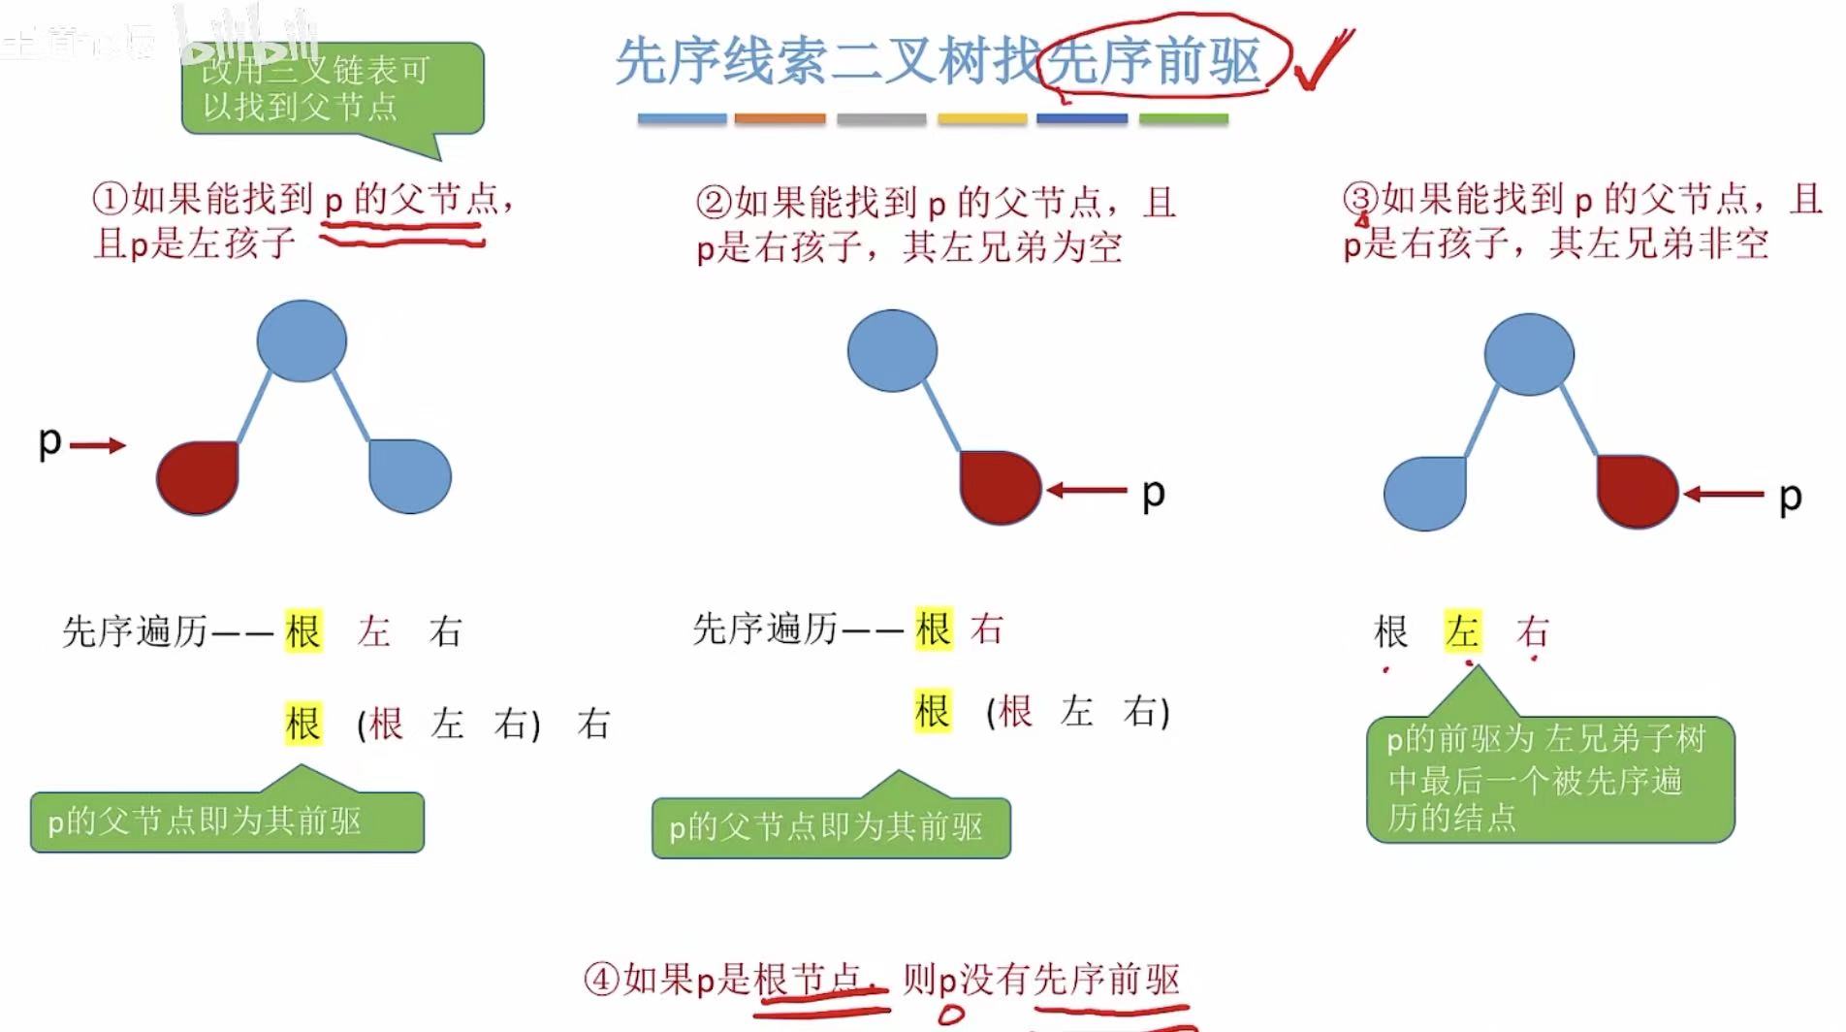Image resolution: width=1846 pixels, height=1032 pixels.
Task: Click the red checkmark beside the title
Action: (x=1323, y=61)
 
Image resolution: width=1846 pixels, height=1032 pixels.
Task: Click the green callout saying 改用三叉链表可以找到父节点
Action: (x=332, y=89)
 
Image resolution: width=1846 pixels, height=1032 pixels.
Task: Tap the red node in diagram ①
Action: (x=198, y=477)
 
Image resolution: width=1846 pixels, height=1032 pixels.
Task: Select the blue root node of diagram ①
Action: (x=302, y=340)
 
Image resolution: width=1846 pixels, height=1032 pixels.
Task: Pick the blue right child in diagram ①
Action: (x=410, y=475)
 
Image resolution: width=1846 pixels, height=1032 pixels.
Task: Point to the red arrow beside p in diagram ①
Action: (x=98, y=445)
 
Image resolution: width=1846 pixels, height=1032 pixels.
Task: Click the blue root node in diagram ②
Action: (x=892, y=351)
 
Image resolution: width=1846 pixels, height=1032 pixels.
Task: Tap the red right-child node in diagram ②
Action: (x=1000, y=487)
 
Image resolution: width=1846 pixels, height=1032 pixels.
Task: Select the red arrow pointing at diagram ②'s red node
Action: (x=1086, y=491)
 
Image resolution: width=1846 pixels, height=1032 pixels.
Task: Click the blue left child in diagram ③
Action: (x=1425, y=493)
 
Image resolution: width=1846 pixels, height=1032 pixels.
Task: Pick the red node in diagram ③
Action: (x=1638, y=492)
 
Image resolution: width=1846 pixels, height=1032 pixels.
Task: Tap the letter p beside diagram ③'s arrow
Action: (x=1790, y=498)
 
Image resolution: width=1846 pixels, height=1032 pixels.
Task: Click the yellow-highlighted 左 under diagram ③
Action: (x=1462, y=631)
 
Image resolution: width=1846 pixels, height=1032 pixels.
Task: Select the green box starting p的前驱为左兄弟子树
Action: (x=1549, y=779)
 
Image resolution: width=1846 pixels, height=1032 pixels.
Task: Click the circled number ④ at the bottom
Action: (x=601, y=979)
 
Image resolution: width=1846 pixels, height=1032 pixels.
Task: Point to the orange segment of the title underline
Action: (x=780, y=119)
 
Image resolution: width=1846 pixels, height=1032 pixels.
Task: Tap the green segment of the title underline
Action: (x=1183, y=119)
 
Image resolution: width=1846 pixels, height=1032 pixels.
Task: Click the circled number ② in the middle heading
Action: (x=714, y=203)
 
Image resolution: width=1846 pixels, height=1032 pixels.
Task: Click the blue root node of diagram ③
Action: (x=1529, y=354)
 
